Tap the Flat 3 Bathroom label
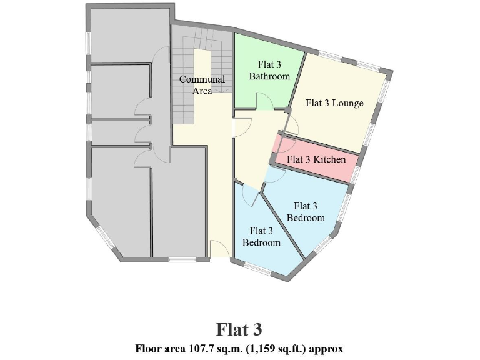pos(269,70)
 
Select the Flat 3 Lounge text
pos(334,103)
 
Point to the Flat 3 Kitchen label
pos(316,159)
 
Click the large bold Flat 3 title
pos(239,329)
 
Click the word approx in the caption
pos(327,348)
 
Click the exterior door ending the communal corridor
pos(219,251)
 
